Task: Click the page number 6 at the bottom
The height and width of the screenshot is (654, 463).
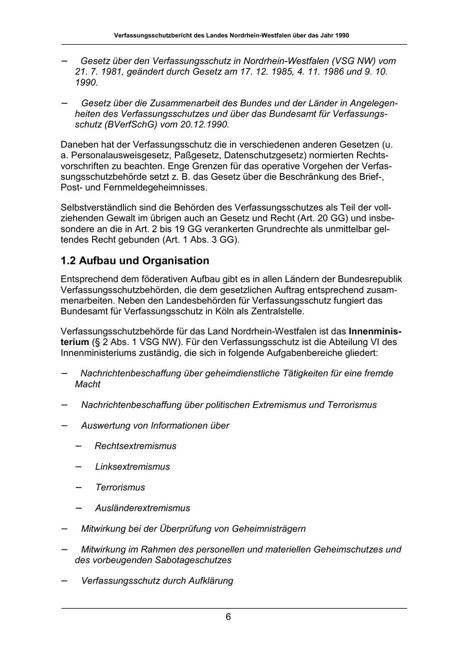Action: (228, 617)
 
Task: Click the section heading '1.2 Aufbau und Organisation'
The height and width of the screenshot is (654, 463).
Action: (135, 260)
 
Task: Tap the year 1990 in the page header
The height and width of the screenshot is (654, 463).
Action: (341, 36)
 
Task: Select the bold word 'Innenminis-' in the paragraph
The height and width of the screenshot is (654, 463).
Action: (375, 331)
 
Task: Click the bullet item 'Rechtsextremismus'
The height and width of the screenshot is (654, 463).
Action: (135, 446)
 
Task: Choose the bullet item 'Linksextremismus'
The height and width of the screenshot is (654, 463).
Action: (132, 466)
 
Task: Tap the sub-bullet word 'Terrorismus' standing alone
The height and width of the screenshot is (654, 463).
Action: (120, 487)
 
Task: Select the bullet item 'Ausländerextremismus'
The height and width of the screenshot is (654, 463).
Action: (143, 508)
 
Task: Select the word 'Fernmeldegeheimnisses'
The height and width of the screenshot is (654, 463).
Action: (149, 188)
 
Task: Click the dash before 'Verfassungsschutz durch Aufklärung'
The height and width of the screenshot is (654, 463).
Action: (64, 581)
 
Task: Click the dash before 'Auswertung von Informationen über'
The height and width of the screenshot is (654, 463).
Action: (64, 425)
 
